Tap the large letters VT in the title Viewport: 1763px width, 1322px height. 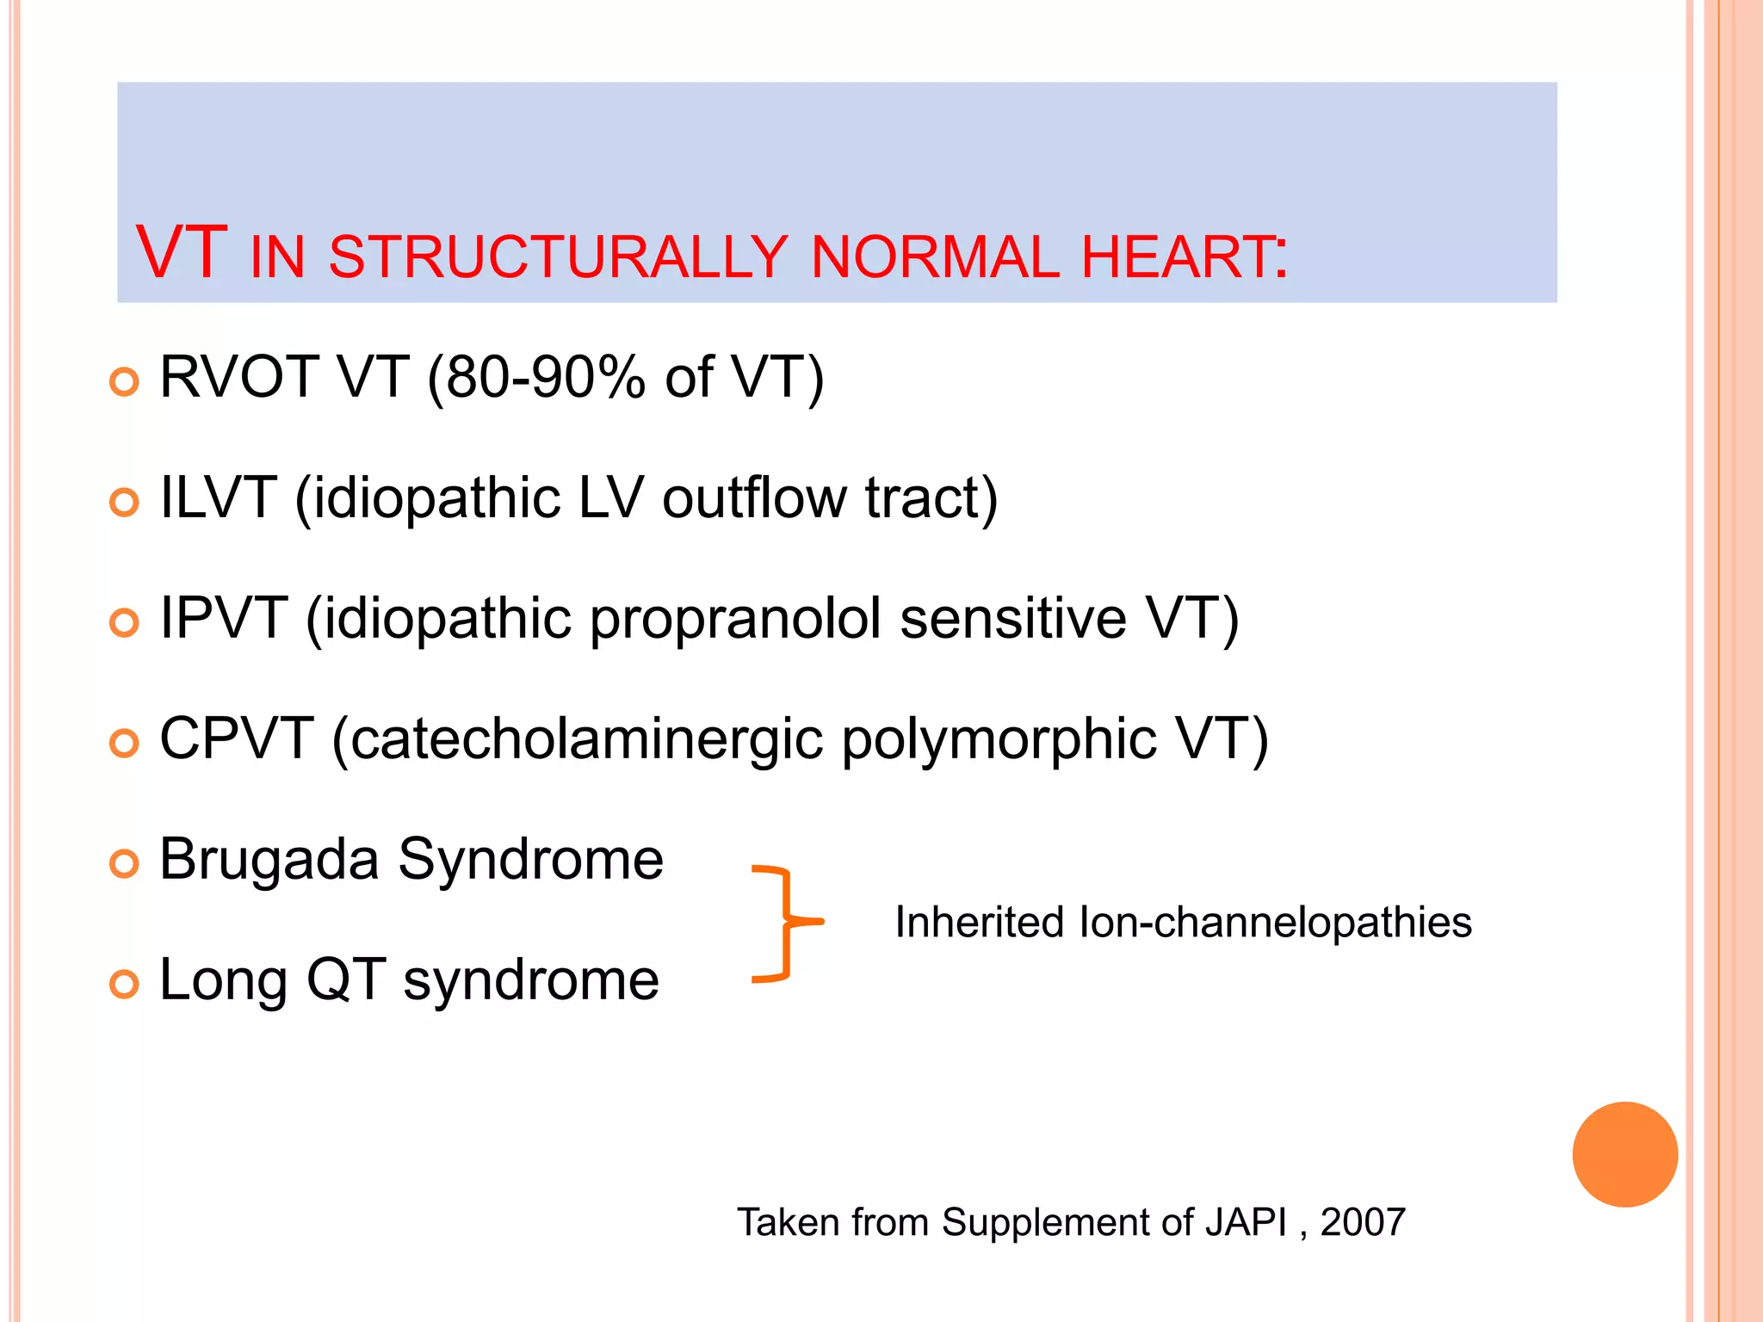[182, 253]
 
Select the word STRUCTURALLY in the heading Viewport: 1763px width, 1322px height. [558, 257]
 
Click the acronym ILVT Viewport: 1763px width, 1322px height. [218, 497]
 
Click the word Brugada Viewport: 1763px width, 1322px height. [269, 859]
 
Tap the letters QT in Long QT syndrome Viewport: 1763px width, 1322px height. [346, 979]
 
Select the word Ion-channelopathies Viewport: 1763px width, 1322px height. [1274, 923]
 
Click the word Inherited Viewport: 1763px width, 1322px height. [980, 923]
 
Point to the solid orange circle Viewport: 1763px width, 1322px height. [1624, 1154]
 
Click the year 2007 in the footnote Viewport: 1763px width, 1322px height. [1363, 1222]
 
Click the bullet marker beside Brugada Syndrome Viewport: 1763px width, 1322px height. [125, 863]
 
